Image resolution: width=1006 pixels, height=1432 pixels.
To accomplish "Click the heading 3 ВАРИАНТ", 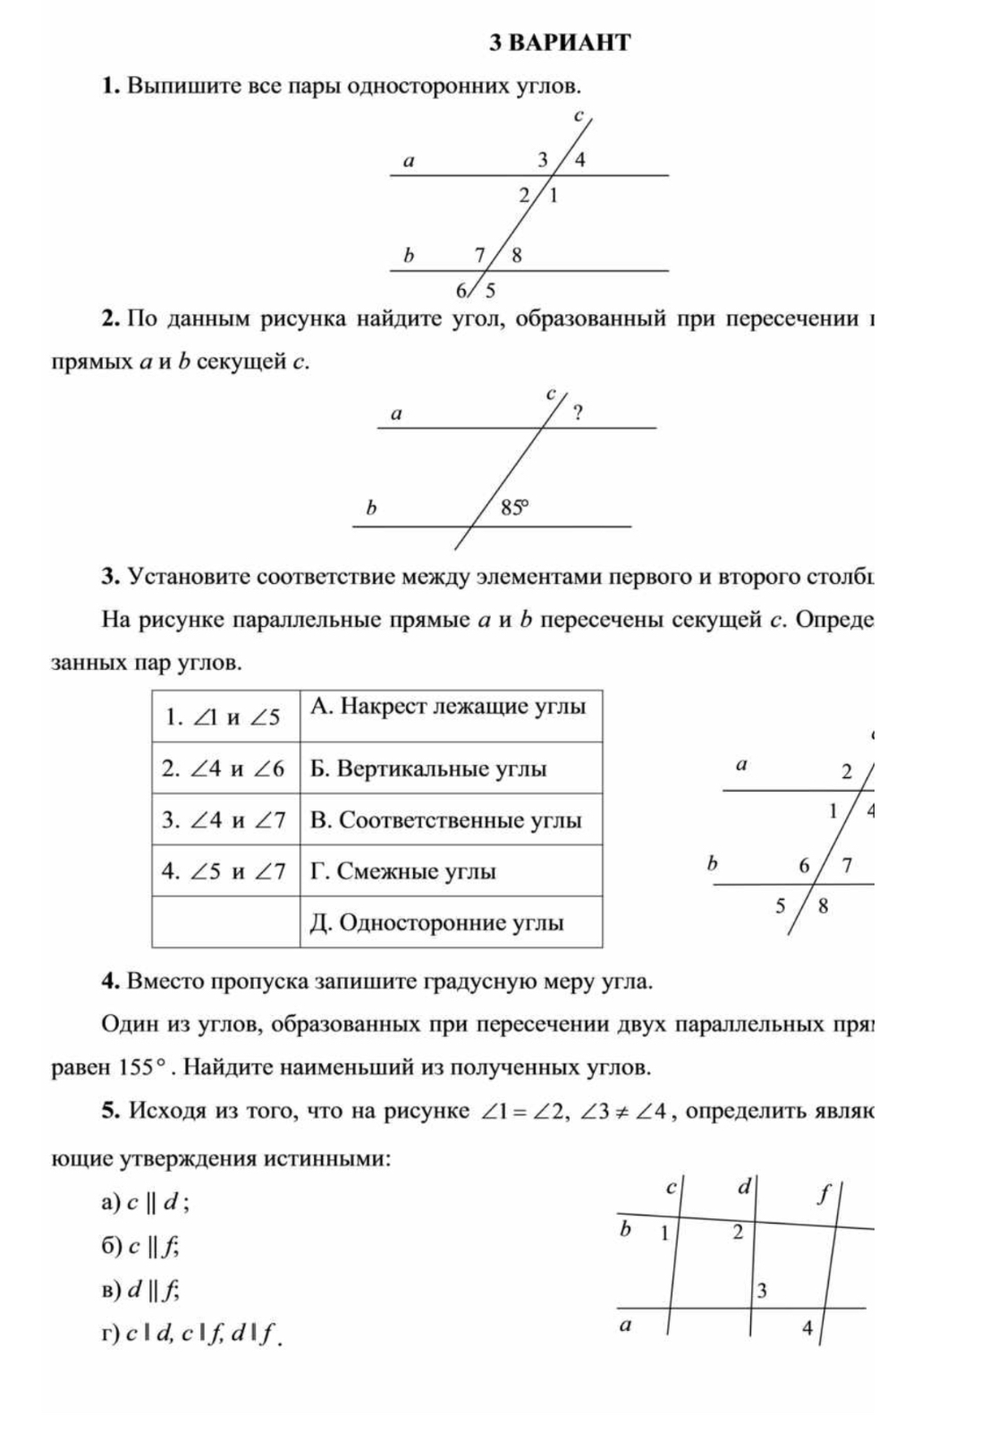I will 561,43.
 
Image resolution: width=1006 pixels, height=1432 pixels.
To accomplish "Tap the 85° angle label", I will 514,508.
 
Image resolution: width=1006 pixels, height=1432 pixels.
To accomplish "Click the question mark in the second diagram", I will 578,412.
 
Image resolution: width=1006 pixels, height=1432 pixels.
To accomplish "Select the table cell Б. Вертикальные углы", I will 451,768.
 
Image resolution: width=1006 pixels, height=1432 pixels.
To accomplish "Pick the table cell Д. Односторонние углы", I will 451,922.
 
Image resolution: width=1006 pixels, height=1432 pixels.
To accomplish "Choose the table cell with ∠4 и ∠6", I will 224,768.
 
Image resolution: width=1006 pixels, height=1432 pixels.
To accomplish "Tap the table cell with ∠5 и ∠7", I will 224,871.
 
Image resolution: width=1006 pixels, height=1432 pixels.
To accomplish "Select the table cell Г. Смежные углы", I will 451,871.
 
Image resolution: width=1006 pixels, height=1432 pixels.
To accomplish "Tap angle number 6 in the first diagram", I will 461,290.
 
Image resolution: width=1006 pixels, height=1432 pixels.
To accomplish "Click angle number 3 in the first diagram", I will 541,160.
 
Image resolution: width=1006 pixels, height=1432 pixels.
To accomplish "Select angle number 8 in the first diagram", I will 516,255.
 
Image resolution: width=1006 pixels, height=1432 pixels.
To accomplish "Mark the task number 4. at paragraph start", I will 111,981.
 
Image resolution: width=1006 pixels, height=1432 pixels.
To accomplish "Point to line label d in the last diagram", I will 743,1187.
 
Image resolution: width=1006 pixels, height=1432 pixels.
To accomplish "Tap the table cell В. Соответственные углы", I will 451,820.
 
